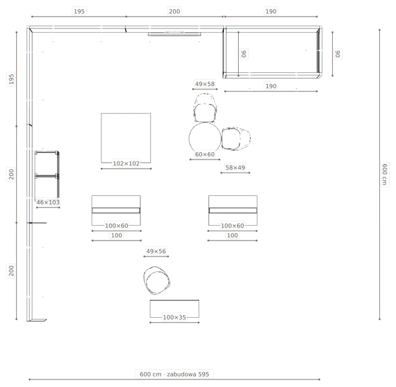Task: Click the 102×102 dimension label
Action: point(126,163)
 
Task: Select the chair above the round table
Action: point(205,108)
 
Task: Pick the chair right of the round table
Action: point(236,138)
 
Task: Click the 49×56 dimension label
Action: point(156,251)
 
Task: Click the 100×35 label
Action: point(174,317)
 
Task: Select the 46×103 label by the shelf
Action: point(48,202)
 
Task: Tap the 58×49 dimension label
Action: point(235,168)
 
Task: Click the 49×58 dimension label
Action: point(205,83)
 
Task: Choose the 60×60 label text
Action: point(205,155)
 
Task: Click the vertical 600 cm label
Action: point(385,174)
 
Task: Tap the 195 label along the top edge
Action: point(79,11)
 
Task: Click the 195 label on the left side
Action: point(11,79)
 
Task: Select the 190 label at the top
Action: point(271,11)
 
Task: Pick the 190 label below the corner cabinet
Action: point(271,86)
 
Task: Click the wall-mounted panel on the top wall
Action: point(174,34)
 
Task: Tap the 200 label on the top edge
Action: point(174,11)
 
